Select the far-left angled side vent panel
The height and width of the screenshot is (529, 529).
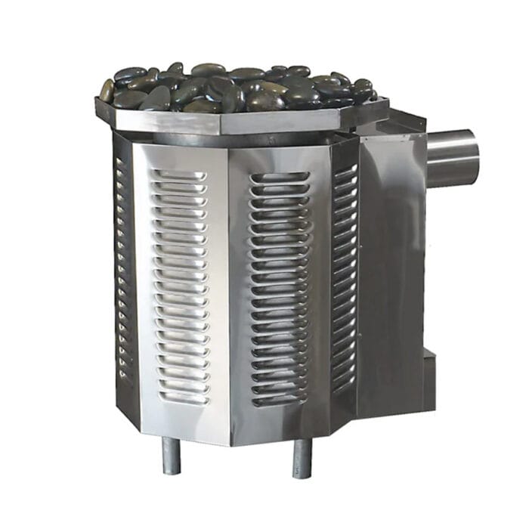coord(124,264)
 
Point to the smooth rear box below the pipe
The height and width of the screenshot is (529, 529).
coord(393,287)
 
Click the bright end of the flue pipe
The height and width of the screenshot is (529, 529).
coord(470,157)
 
